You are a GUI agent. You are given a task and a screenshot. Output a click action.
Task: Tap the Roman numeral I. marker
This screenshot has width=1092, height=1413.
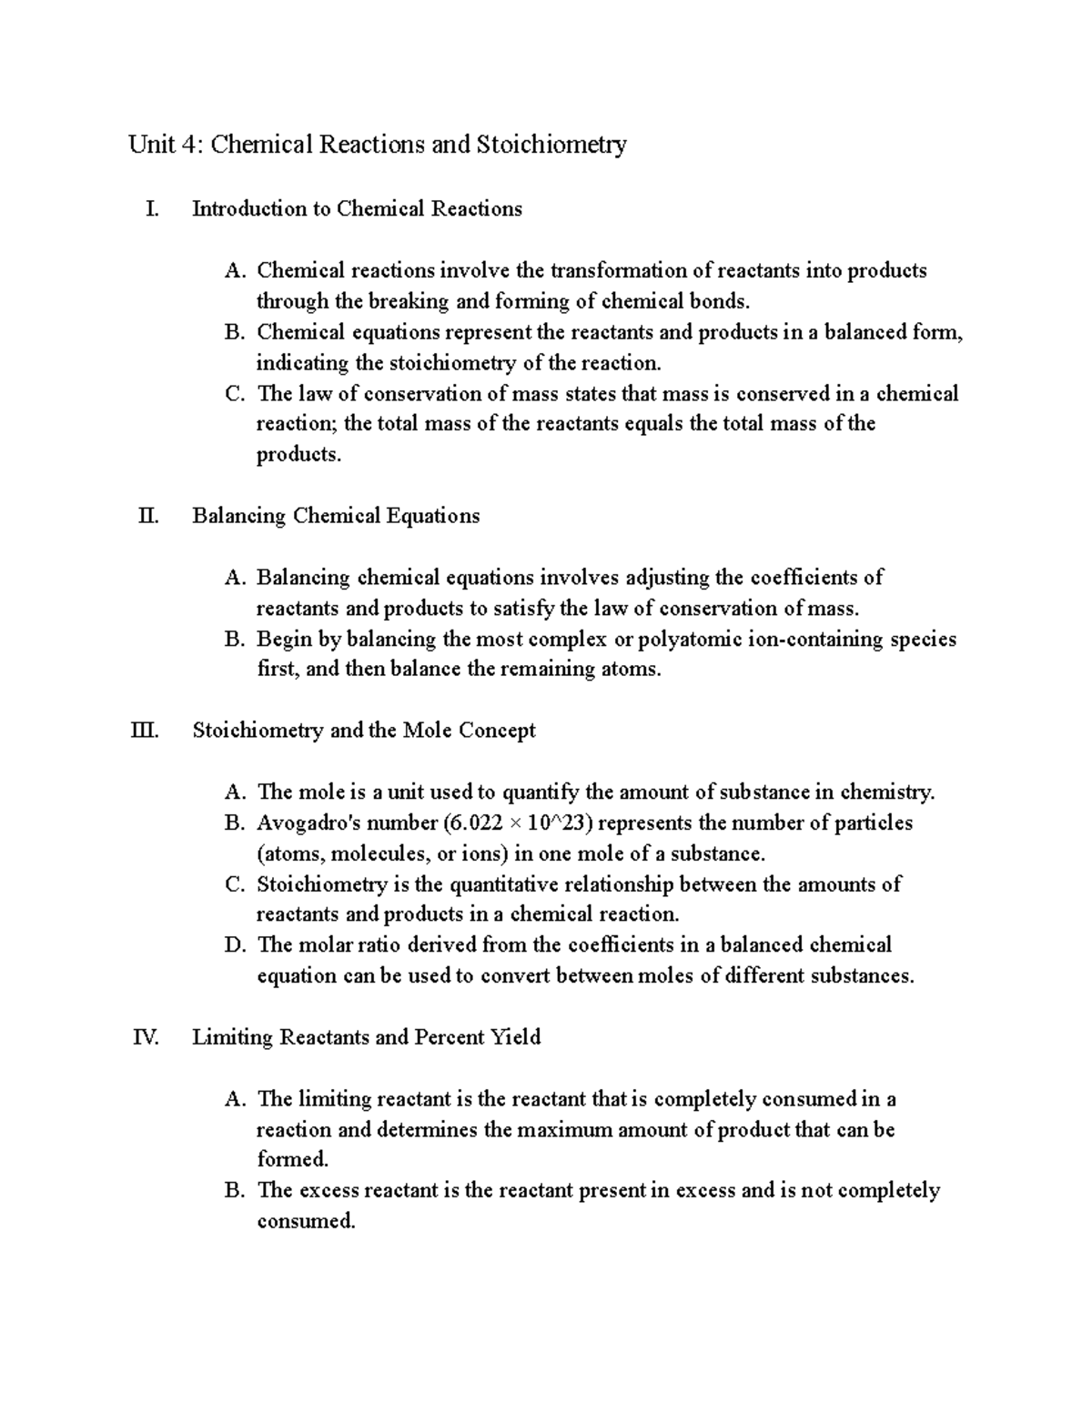pyautogui.click(x=151, y=209)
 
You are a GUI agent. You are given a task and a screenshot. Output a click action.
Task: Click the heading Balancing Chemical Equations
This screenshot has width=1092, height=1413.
pyautogui.click(x=336, y=516)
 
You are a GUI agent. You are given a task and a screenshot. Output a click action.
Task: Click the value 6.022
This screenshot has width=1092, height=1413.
pyautogui.click(x=476, y=823)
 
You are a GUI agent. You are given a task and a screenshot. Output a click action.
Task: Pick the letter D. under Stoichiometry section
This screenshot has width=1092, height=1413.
pyautogui.click(x=235, y=945)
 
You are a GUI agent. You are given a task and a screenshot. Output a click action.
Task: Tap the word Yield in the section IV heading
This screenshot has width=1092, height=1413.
pyautogui.click(x=516, y=1037)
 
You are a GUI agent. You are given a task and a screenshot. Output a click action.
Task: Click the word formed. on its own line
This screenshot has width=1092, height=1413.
pyautogui.click(x=292, y=1159)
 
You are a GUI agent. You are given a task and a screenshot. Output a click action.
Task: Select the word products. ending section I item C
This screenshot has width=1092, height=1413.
pyautogui.click(x=298, y=455)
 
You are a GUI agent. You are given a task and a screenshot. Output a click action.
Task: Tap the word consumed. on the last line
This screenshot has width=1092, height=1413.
pyautogui.click(x=306, y=1221)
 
